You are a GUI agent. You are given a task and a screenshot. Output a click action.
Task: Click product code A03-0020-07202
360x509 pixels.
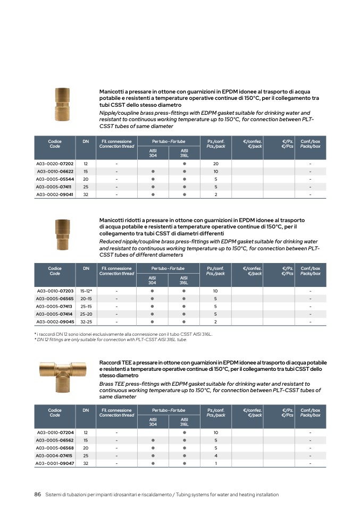point(55,164)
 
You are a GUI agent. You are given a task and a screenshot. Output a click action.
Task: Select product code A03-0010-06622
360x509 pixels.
point(55,172)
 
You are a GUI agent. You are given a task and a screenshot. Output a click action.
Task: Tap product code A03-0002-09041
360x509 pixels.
point(55,194)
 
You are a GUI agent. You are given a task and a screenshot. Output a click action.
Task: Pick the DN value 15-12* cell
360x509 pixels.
point(86,291)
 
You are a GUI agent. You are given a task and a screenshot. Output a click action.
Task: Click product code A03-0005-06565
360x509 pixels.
point(55,299)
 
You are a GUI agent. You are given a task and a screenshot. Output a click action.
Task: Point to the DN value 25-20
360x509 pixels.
point(86,314)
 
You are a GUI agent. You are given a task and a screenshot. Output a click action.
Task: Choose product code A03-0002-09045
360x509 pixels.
point(55,321)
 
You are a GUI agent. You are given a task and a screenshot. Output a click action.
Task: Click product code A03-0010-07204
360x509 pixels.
point(55,432)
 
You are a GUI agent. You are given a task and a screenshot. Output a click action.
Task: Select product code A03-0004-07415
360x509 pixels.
point(55,455)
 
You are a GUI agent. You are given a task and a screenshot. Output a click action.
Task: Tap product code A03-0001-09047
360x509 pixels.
point(55,463)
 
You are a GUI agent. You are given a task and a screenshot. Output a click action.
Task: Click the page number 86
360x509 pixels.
point(38,495)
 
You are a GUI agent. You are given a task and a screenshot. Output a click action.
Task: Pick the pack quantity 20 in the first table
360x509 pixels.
point(216,164)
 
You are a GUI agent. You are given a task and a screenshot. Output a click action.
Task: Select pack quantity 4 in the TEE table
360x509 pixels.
point(216,455)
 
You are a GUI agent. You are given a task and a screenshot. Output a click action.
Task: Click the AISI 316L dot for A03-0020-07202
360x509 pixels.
point(184,164)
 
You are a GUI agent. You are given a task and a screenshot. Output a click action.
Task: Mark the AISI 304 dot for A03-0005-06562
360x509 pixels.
point(153,440)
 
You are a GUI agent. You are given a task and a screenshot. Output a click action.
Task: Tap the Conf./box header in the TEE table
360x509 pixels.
point(310,412)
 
